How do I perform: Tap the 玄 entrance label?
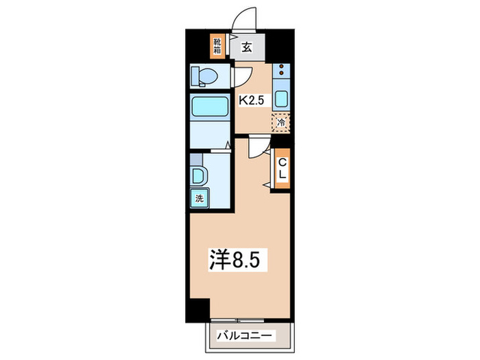[247, 47]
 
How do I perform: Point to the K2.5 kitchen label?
[250, 100]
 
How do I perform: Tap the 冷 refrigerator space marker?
[282, 123]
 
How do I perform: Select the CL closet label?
[282, 169]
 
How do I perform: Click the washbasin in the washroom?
[198, 175]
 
